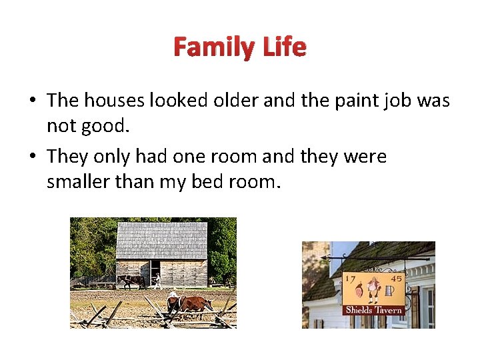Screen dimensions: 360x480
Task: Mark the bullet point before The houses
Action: click(x=32, y=101)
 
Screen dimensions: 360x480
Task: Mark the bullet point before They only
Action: click(x=32, y=157)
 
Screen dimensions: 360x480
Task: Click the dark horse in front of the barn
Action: click(x=131, y=281)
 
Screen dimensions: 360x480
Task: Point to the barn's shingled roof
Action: click(x=161, y=240)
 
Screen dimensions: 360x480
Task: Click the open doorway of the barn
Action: click(x=155, y=272)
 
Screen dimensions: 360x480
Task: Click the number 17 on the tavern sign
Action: click(x=349, y=279)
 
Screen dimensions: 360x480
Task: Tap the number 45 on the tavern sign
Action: click(x=396, y=279)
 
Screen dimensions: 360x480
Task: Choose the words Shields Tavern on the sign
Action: click(x=373, y=310)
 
